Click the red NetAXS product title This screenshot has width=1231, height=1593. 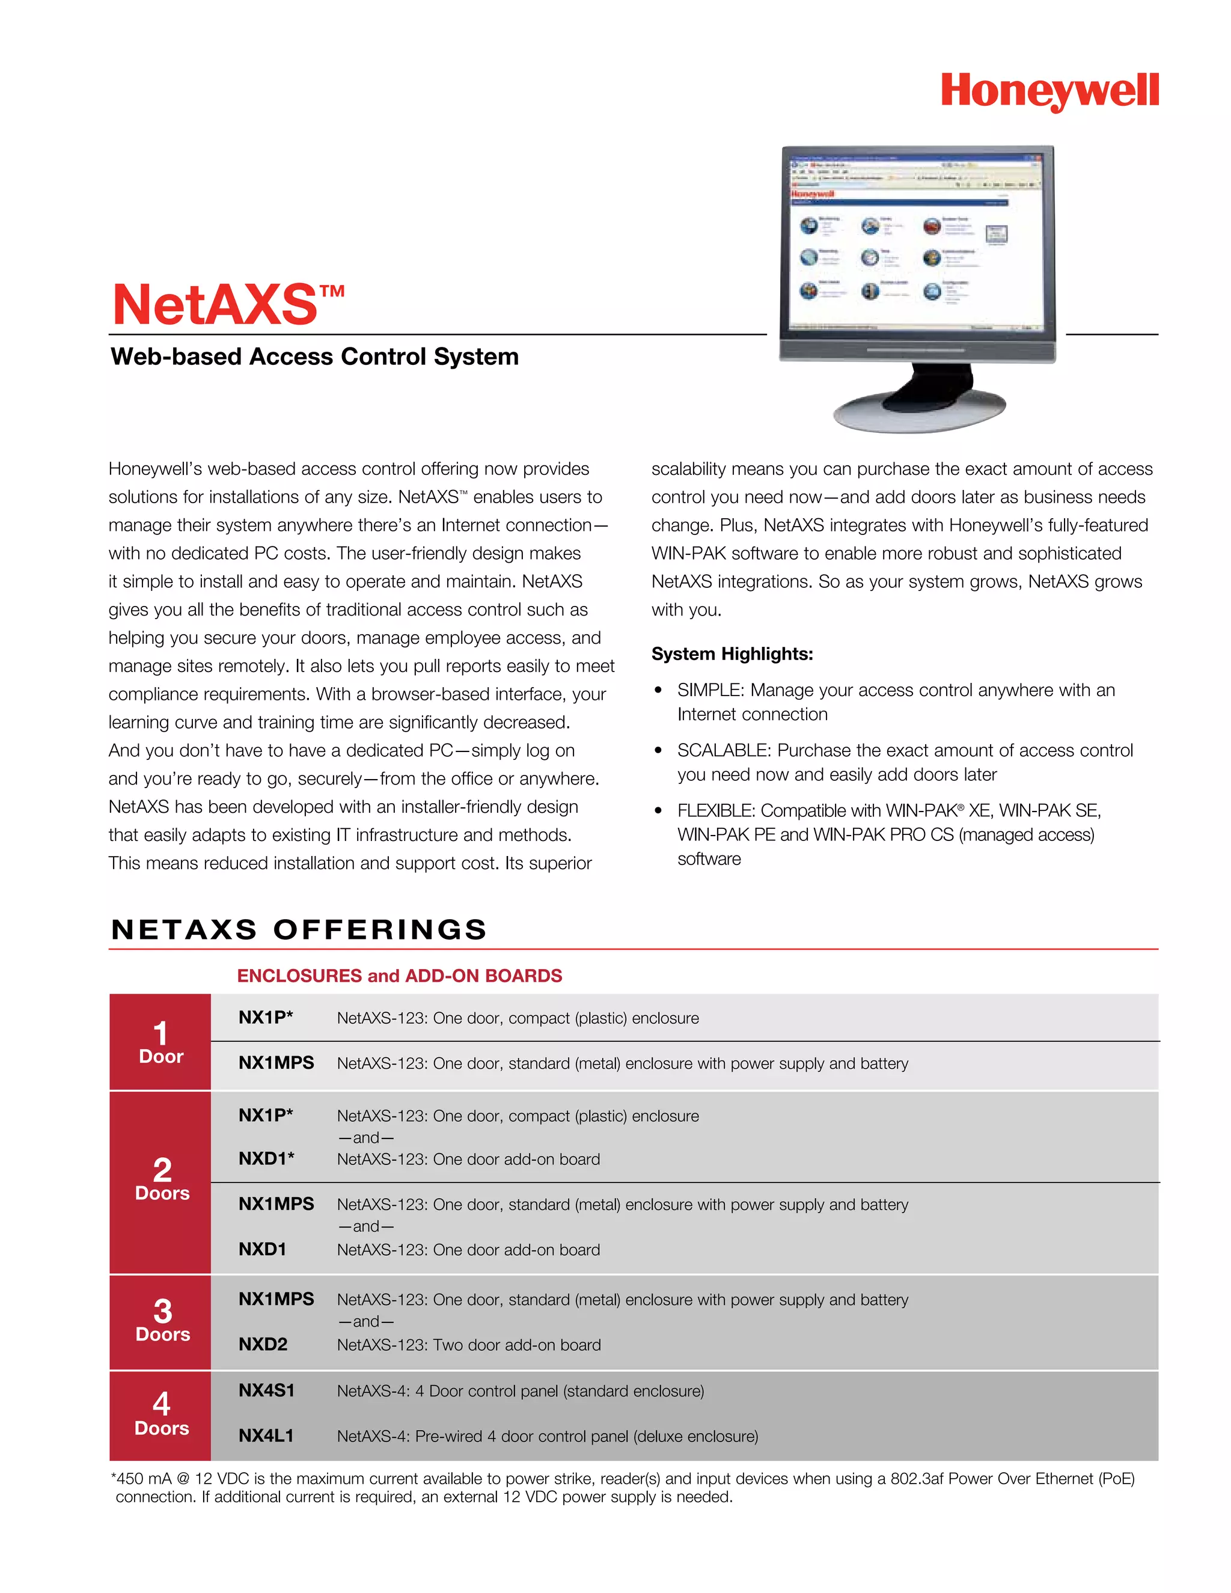click(216, 305)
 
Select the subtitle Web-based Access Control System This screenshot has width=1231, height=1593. click(314, 356)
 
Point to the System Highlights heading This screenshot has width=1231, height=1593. click(732, 653)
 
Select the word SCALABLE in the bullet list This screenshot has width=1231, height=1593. click(722, 751)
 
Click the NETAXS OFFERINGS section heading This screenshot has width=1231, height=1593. click(299, 929)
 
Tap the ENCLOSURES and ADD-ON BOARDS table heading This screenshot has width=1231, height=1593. click(399, 976)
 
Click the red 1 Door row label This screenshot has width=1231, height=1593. click(160, 1042)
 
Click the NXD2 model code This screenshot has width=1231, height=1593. click(263, 1344)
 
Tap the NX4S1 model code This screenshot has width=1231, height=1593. click(266, 1390)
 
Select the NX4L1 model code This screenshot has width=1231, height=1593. click(266, 1436)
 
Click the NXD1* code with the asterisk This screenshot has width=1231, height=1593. click(266, 1158)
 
